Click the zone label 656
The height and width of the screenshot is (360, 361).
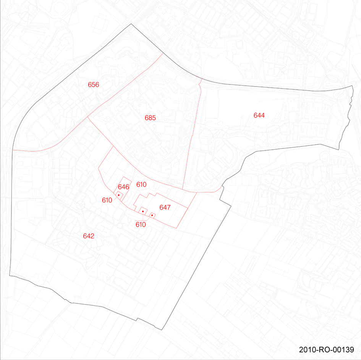pos(93,85)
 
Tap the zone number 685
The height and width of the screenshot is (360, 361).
pos(150,118)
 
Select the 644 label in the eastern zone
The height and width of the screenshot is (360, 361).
pos(259,115)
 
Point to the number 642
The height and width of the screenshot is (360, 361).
pos(89,236)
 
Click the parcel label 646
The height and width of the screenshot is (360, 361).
pos(123,187)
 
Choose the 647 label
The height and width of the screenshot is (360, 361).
pos(165,208)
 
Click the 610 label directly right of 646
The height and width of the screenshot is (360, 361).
pos(141,185)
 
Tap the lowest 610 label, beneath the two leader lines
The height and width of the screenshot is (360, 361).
pos(141,224)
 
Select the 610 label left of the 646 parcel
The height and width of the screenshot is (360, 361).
pos(107,200)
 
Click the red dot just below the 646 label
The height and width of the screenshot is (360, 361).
pos(119,195)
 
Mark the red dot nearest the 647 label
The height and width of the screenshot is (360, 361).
pos(152,215)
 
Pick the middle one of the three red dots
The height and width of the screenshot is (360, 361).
pos(142,211)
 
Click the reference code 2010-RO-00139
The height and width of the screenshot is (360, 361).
pos(327,350)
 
